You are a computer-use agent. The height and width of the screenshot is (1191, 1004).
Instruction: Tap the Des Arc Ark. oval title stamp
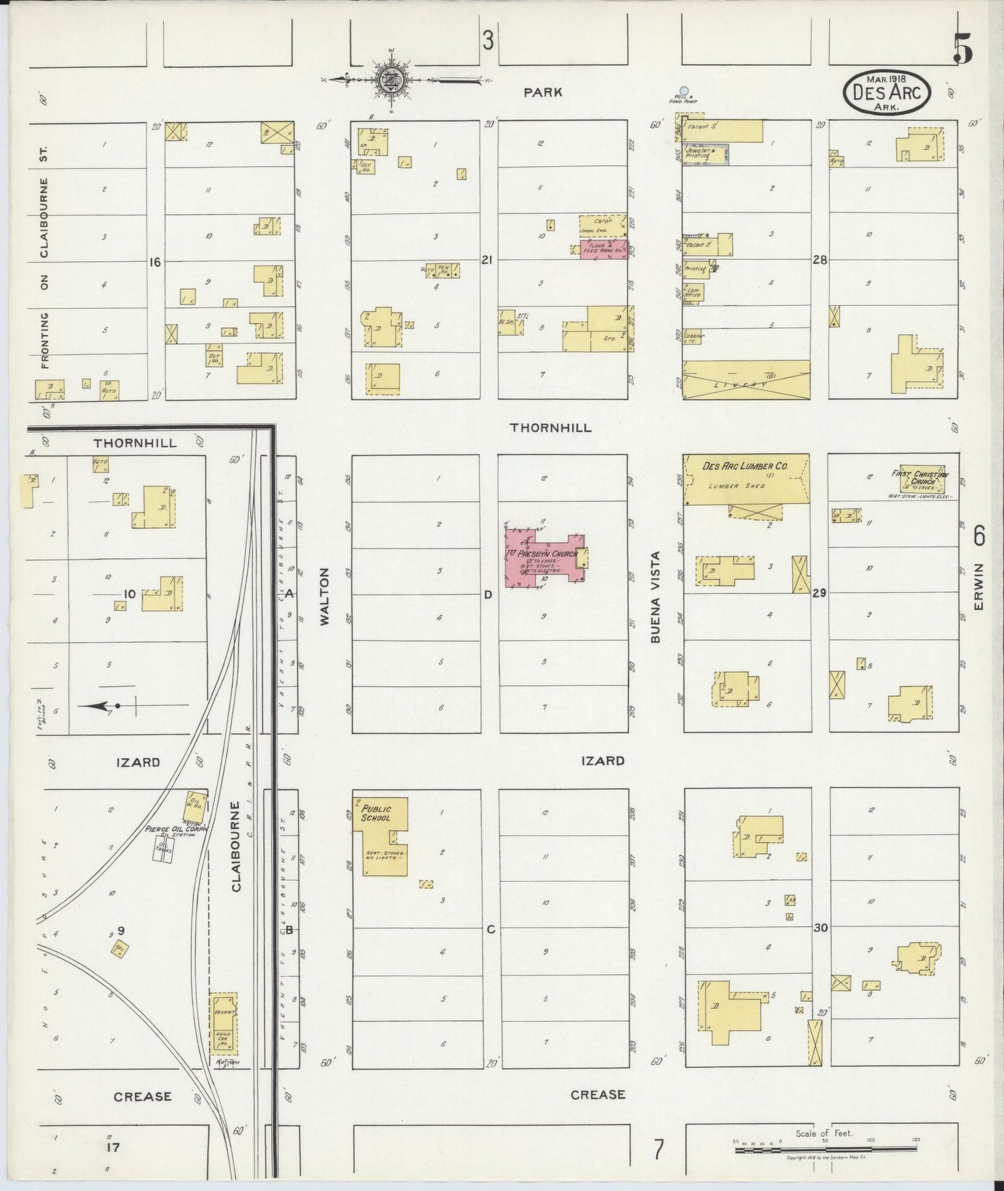(x=887, y=93)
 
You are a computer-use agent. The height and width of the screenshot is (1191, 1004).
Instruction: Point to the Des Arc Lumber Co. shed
(x=747, y=479)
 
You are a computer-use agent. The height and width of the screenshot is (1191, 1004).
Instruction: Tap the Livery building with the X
(x=747, y=379)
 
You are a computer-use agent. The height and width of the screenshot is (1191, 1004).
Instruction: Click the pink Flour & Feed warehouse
(x=602, y=249)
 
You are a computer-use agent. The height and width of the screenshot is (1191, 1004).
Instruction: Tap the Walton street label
(x=324, y=597)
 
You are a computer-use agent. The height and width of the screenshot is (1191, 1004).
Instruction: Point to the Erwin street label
(x=979, y=594)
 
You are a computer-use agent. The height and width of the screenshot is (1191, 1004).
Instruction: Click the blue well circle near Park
(x=684, y=90)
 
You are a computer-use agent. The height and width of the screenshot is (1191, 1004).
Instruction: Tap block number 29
(x=820, y=593)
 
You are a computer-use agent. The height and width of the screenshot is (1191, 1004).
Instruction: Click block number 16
(x=154, y=262)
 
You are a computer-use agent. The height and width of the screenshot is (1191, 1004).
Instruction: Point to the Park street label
(x=543, y=92)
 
